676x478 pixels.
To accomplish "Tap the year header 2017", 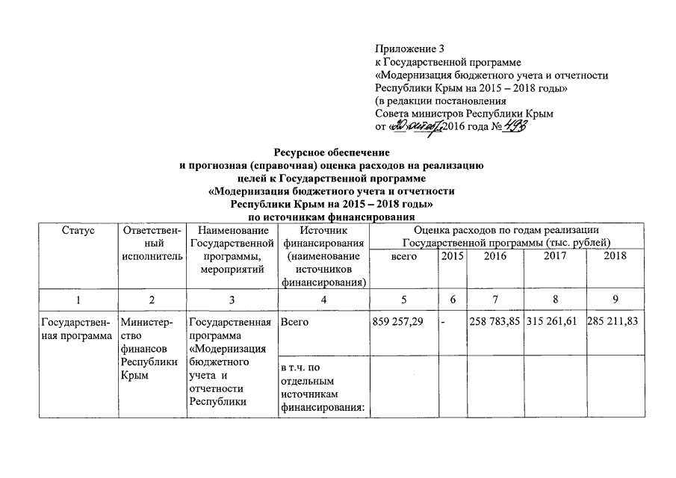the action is click(x=554, y=256).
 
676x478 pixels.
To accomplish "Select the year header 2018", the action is click(x=615, y=256).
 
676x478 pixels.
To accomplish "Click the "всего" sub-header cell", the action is click(x=404, y=256).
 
